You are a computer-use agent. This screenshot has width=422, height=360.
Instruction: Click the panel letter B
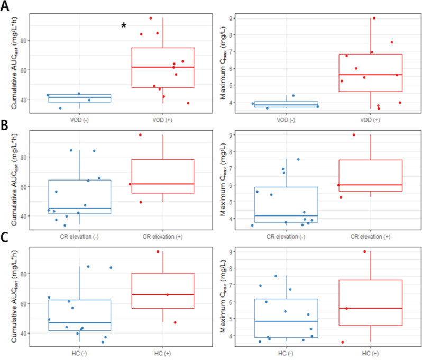click(x=6, y=125)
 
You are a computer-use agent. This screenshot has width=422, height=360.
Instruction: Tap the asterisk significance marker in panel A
click(x=124, y=26)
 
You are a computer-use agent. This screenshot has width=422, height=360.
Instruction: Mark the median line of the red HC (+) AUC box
click(x=163, y=294)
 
